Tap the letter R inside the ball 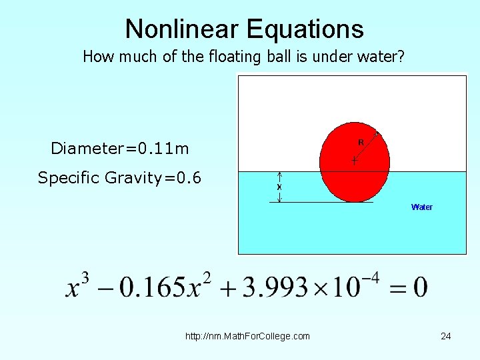[361, 142]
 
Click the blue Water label [422, 207]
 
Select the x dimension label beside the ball [279, 187]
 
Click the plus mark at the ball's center [354, 161]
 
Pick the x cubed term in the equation [77, 287]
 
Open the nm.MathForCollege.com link [247, 336]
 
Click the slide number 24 [446, 336]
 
